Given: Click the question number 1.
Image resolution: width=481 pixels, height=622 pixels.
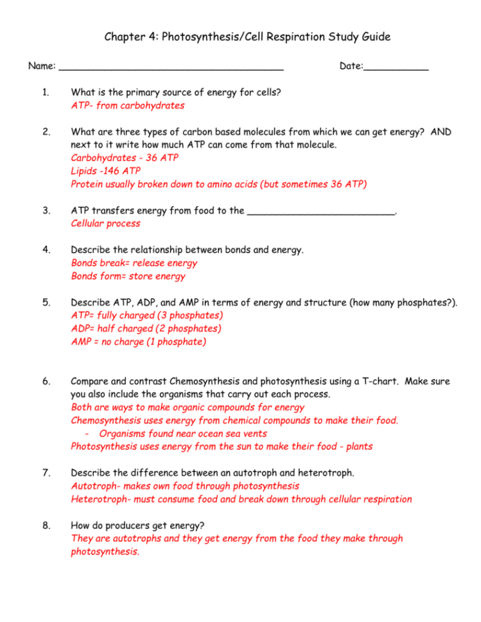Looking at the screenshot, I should pos(46,92).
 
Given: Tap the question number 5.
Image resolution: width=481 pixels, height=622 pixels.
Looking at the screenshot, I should pos(46,303).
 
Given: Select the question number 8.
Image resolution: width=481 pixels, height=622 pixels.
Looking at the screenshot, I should pos(46,526).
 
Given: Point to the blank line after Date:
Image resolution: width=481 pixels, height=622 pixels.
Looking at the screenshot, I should pos(396,67).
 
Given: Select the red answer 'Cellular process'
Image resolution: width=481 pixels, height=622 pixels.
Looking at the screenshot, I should pos(105,224).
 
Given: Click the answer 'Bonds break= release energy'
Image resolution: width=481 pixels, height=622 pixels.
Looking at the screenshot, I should pos(134,263).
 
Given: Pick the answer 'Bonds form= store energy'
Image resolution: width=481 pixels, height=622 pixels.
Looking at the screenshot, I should pos(128,276).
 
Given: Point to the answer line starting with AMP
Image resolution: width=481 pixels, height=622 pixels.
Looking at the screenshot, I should pos(138,342).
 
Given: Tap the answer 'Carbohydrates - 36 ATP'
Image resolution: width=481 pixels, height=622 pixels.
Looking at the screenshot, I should pos(125,158).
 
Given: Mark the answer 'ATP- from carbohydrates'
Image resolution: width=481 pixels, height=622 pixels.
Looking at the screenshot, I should pos(127,105).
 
